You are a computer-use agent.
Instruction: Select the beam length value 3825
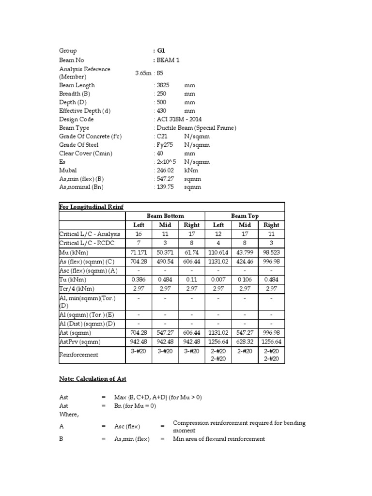point(162,85)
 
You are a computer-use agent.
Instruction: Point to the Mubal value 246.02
point(163,170)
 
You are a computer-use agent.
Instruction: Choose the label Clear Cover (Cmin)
point(86,154)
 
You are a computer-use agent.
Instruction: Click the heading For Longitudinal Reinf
point(91,207)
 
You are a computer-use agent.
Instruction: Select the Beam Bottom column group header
point(165,216)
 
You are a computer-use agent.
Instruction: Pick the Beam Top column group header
point(245,216)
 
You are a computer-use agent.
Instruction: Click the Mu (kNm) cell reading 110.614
point(218,253)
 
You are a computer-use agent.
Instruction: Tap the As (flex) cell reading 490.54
point(165,262)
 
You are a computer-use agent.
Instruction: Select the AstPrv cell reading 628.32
point(245,341)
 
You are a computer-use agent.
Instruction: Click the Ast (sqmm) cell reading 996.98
point(271,333)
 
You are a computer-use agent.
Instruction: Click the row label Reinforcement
point(79,355)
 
